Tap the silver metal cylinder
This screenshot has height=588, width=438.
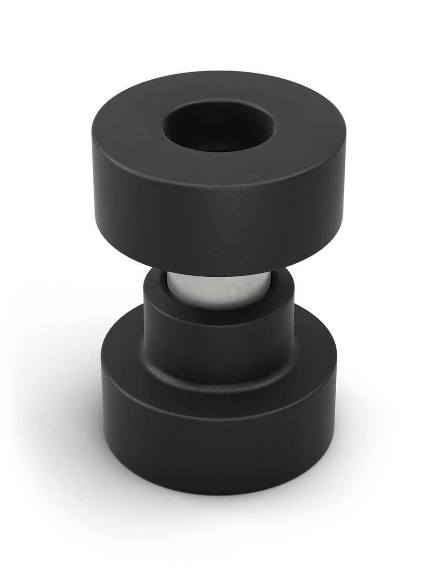coord(218,289)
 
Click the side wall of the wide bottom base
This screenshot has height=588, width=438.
coord(218,451)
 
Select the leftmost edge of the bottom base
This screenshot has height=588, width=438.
coord(102,372)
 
